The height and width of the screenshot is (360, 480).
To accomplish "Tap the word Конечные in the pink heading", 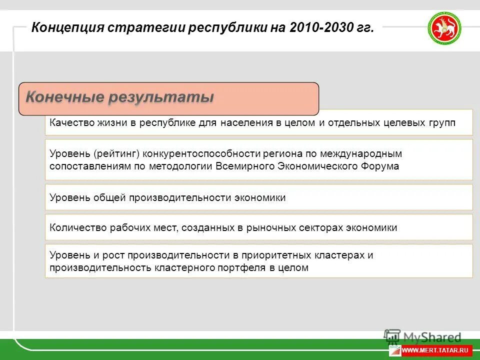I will pyautogui.click(x=65, y=96).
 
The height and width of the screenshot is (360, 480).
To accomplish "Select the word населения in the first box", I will pyautogui.click(x=246, y=123).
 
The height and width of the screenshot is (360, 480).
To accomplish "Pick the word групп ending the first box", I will pyautogui.click(x=441, y=123).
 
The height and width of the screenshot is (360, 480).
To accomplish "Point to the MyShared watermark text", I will pyautogui.click(x=432, y=337).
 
